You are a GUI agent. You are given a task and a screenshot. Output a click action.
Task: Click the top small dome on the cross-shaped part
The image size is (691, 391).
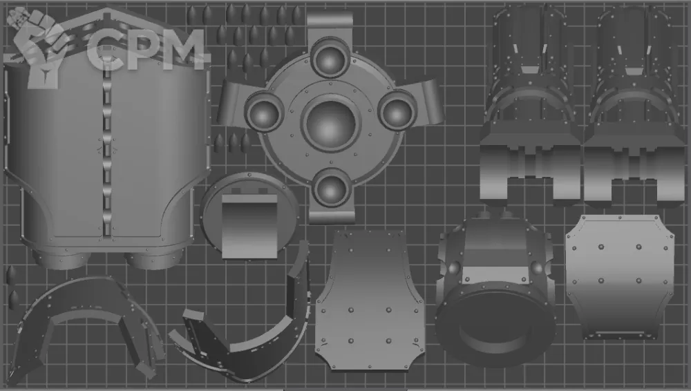(330, 59)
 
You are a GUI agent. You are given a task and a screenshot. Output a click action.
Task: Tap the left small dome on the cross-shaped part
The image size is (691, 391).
(263, 113)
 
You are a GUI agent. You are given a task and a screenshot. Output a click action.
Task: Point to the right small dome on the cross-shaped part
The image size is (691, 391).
(397, 111)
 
